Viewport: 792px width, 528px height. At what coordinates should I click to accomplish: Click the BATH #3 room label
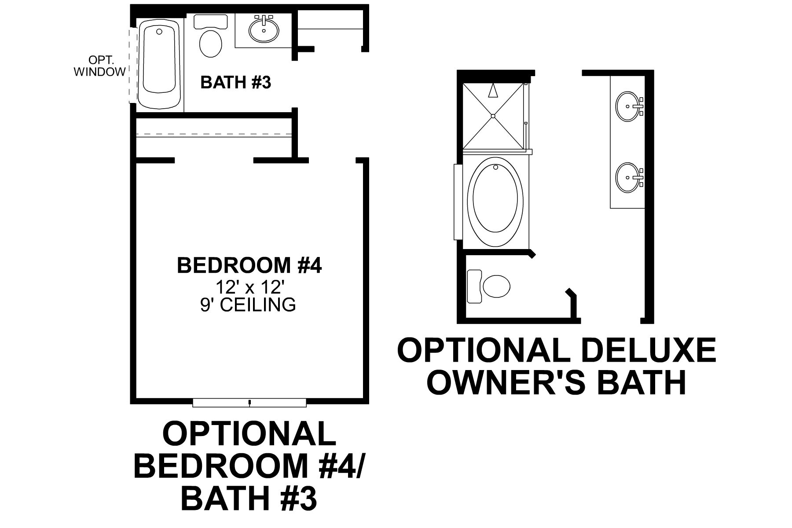click(x=235, y=82)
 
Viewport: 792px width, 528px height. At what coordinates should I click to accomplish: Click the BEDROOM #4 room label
click(x=249, y=266)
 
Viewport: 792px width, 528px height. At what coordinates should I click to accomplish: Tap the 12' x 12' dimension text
click(x=248, y=287)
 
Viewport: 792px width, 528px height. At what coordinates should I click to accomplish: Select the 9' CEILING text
click(x=248, y=304)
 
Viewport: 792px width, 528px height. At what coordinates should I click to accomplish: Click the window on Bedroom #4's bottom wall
click(x=249, y=402)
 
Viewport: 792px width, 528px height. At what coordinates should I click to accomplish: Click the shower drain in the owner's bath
click(x=494, y=116)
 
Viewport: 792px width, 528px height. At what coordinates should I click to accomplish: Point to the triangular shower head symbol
click(x=493, y=91)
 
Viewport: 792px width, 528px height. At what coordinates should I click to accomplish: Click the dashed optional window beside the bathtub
click(x=131, y=66)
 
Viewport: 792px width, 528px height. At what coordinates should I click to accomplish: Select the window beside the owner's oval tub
click(x=458, y=202)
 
